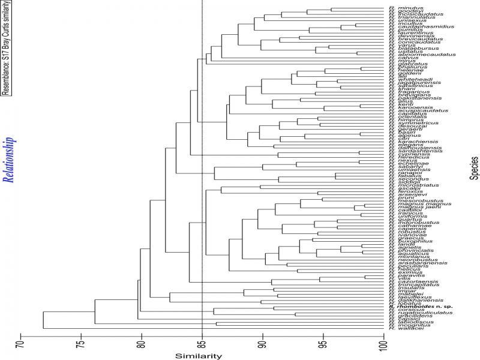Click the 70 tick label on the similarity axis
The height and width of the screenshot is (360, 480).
(x=21, y=345)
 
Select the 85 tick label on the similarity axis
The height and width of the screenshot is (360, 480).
(x=202, y=345)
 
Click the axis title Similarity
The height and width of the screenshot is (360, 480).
(x=199, y=356)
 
